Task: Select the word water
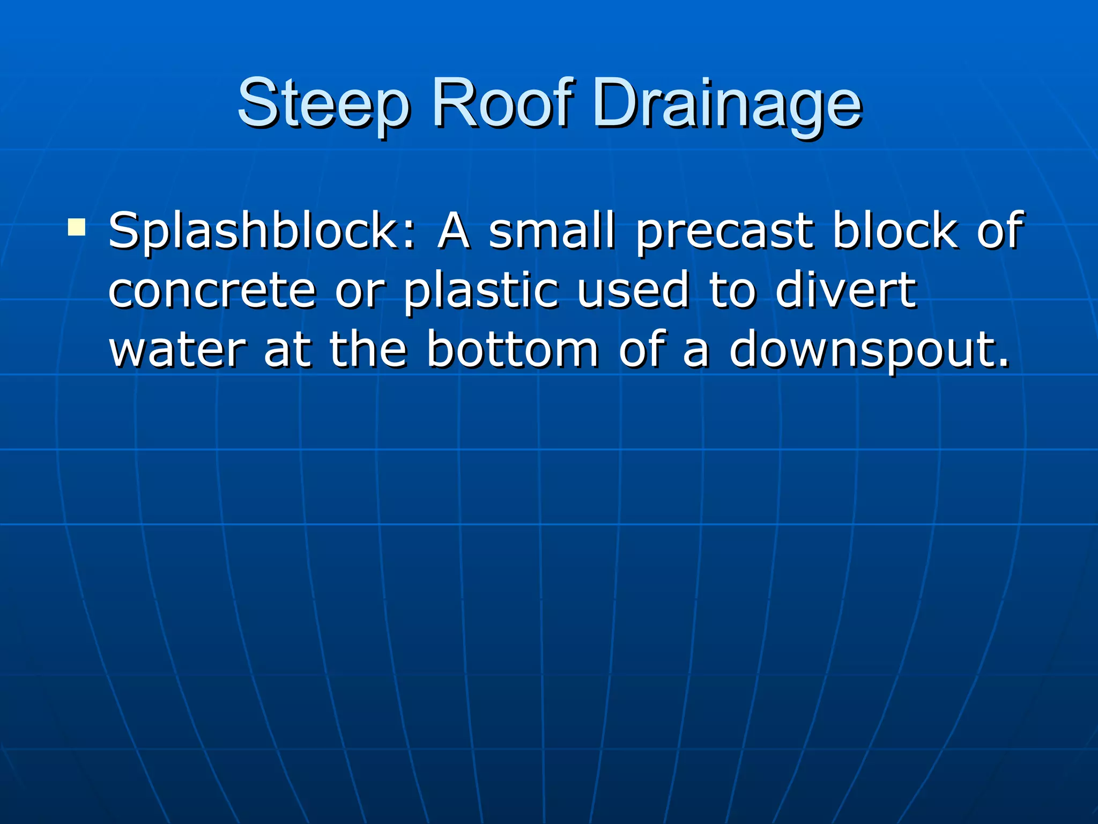(x=177, y=350)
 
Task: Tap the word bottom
(x=512, y=350)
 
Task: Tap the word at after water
(x=287, y=351)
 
